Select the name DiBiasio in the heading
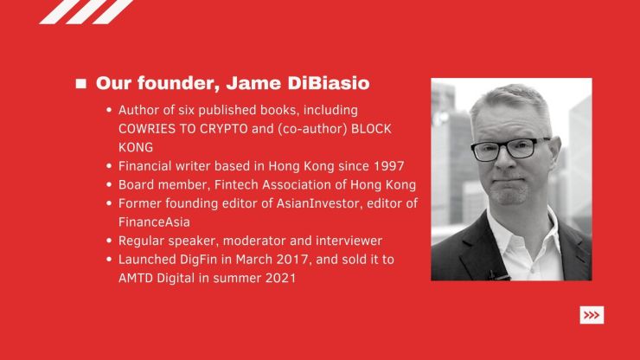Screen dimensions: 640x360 click(x=329, y=83)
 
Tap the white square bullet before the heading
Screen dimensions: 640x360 click(x=80, y=83)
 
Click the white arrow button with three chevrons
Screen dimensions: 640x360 click(x=592, y=315)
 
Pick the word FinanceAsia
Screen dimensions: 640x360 click(x=154, y=222)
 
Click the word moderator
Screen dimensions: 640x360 click(x=254, y=241)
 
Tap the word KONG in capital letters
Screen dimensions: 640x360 click(x=136, y=147)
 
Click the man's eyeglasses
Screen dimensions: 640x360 click(x=509, y=149)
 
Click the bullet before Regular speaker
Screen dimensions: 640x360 click(x=109, y=241)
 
